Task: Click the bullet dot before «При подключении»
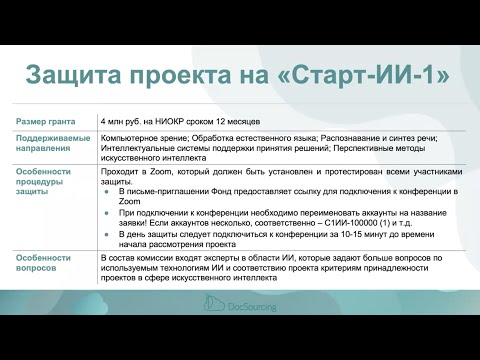(x=107, y=212)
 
